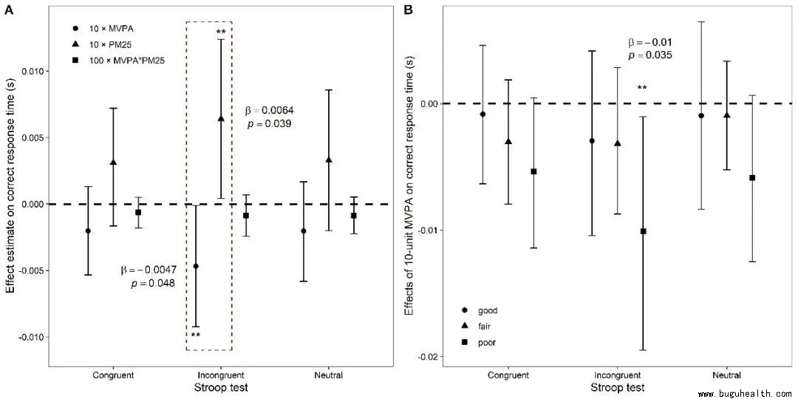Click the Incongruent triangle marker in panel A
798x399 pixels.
(221, 118)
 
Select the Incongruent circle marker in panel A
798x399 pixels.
(196, 266)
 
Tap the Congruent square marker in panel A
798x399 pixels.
(138, 212)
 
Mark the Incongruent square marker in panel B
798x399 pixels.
(643, 231)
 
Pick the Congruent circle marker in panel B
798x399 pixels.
(482, 114)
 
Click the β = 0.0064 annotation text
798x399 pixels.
(269, 111)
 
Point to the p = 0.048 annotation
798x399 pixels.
(152, 283)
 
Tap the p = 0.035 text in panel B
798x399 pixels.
(650, 55)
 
